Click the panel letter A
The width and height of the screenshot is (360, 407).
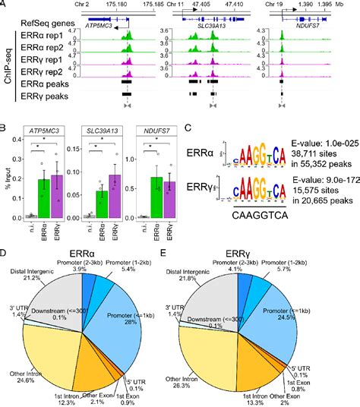(5, 5)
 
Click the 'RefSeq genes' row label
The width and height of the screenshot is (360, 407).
(53, 13)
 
